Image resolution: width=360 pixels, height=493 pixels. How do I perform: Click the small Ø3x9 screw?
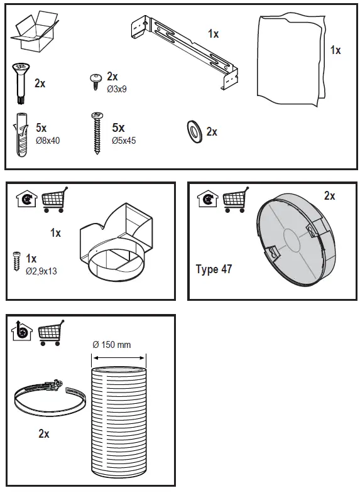(97, 79)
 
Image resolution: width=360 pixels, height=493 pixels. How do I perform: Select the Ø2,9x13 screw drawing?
(18, 261)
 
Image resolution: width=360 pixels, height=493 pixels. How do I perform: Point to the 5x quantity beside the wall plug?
(42, 128)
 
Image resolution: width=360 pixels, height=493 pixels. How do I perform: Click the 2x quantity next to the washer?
(212, 132)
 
